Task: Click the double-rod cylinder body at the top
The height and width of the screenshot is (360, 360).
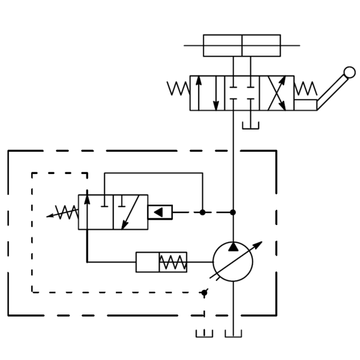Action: (x=242, y=46)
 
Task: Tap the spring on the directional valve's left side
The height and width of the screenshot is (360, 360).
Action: (x=179, y=89)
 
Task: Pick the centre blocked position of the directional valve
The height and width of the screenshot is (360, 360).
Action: (x=242, y=92)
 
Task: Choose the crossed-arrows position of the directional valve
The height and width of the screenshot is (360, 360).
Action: (x=277, y=92)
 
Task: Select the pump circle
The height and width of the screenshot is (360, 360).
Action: (x=233, y=262)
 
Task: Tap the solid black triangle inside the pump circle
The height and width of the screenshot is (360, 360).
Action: (x=233, y=247)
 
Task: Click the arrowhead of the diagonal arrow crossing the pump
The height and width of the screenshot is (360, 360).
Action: (x=259, y=244)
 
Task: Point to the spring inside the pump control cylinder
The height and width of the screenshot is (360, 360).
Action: (x=173, y=262)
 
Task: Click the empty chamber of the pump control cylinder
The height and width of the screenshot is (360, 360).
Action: (x=147, y=262)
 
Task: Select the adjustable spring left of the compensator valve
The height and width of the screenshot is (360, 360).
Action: (x=64, y=212)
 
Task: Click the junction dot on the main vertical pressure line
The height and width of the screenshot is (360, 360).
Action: (x=233, y=212)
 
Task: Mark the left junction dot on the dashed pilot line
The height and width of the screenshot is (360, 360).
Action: (x=203, y=212)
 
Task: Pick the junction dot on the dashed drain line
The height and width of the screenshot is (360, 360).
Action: (x=205, y=292)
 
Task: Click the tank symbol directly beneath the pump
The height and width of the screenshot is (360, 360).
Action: (x=233, y=334)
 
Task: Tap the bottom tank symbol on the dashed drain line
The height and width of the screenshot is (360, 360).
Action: (x=205, y=334)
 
